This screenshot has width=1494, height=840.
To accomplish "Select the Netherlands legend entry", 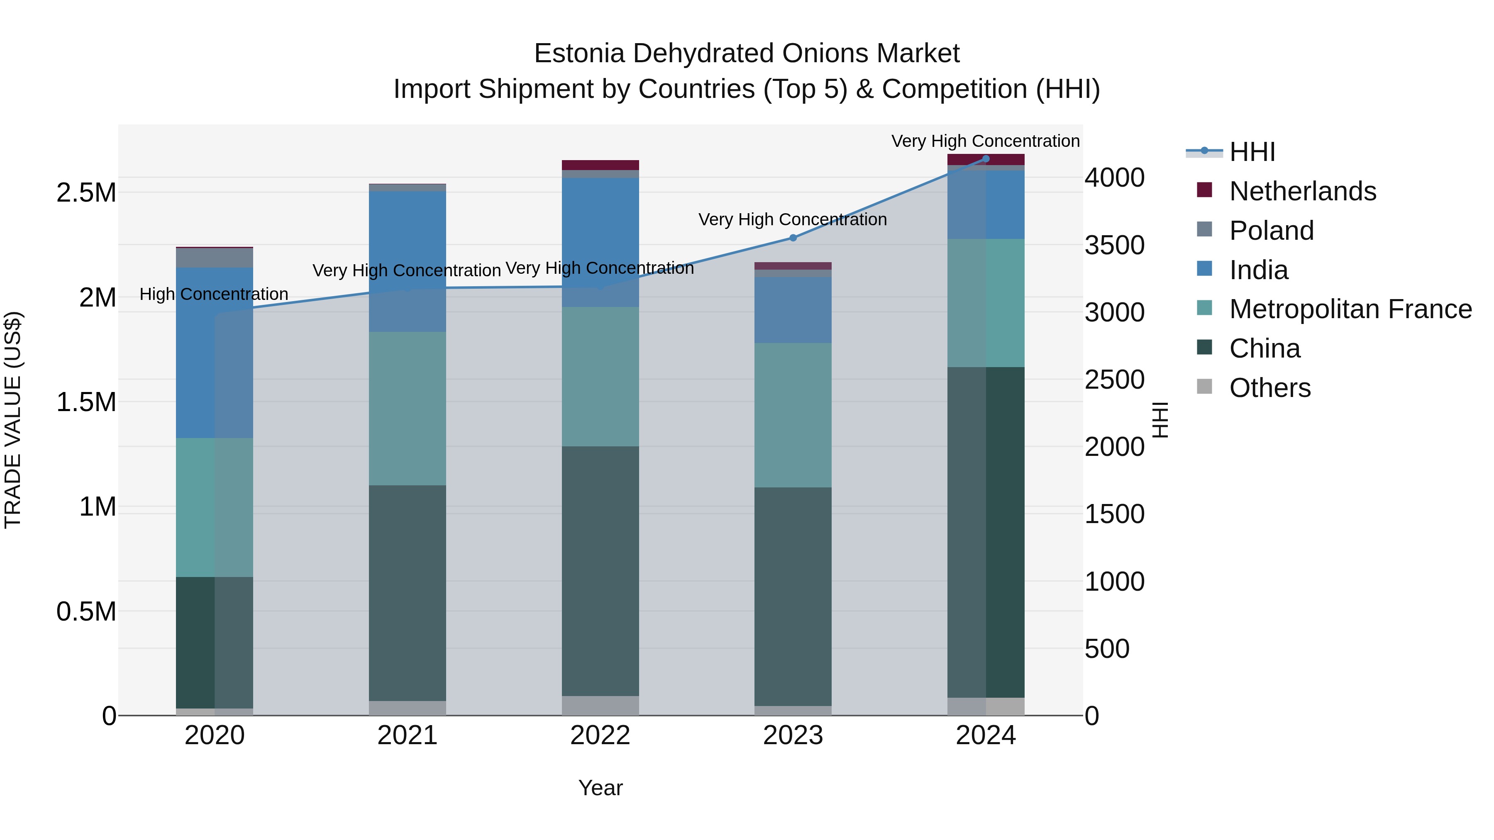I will [1302, 191].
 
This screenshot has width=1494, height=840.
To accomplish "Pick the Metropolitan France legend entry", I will [1350, 309].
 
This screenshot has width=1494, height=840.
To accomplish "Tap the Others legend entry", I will [1269, 388].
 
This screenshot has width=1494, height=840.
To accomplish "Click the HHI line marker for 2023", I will [793, 238].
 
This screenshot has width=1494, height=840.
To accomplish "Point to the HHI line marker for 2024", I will [986, 159].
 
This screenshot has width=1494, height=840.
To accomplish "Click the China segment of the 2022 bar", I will [600, 571].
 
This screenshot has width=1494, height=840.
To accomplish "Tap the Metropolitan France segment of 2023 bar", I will [793, 415].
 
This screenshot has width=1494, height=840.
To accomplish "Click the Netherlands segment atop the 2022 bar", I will [600, 165].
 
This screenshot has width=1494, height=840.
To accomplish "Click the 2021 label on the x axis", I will [407, 735].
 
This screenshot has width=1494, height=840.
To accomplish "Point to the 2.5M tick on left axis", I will [86, 193].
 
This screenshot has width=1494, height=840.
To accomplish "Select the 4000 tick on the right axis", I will [1114, 178].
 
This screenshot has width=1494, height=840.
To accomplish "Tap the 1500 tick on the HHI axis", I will [1114, 514].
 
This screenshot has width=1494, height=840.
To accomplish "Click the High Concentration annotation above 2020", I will [214, 295].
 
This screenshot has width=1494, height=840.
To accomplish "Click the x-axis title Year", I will [600, 788].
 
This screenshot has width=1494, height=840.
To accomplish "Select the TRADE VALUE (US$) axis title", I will [13, 420].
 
